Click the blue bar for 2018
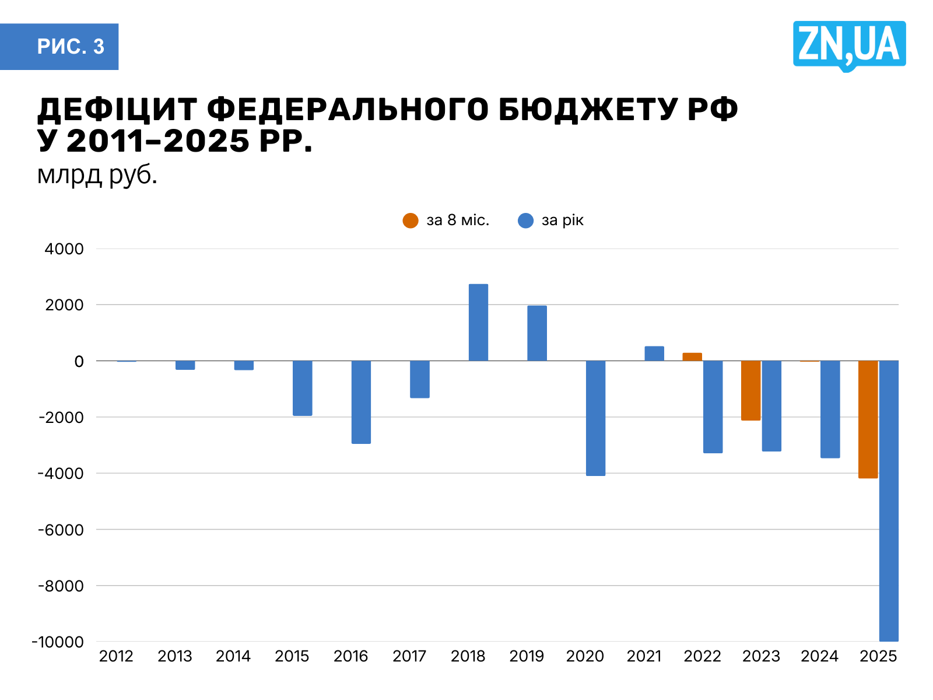[478, 323]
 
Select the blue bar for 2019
[537, 333]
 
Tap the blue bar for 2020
[595, 418]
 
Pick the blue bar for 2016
[361, 402]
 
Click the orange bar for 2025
[868, 419]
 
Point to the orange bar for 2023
[750, 390]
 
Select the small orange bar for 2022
[692, 357]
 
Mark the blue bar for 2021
[654, 353]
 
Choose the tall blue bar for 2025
[889, 501]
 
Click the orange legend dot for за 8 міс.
[411, 220]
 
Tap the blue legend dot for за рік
[525, 220]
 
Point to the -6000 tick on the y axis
[61, 530]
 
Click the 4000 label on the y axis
[64, 249]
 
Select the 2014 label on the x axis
[233, 656]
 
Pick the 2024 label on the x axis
[819, 656]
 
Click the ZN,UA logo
[849, 45]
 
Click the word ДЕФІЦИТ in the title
[117, 109]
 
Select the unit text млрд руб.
[97, 174]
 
